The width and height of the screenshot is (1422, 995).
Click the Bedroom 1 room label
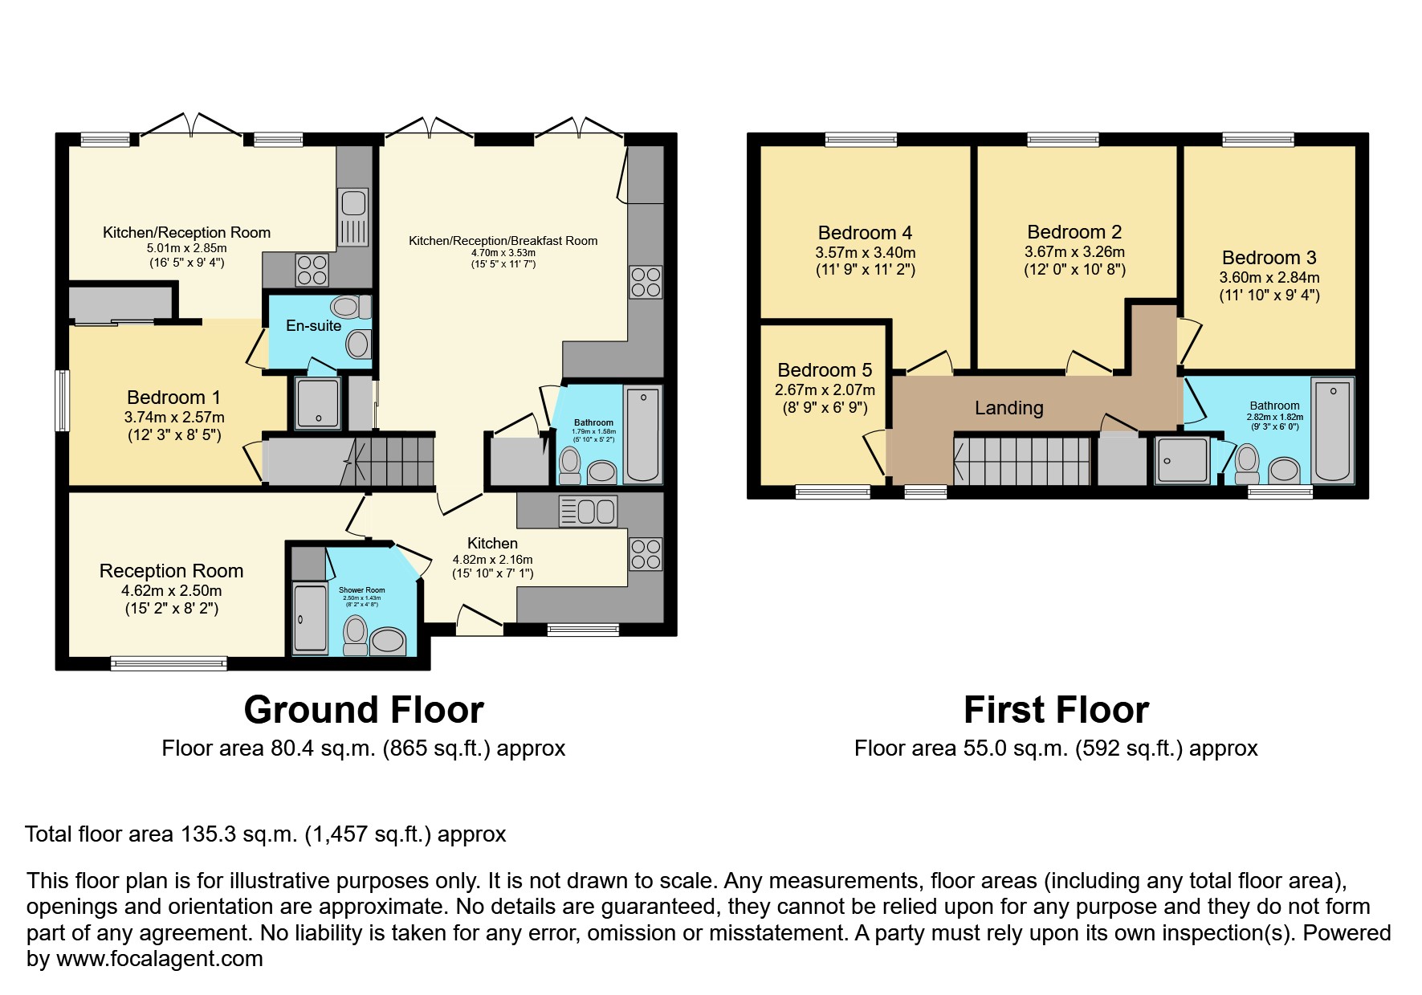tap(173, 398)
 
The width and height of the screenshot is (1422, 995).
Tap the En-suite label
tap(313, 325)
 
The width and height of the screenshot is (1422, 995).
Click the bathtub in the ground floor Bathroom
tap(642, 434)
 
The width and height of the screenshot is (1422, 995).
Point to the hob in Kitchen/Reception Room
tap(312, 270)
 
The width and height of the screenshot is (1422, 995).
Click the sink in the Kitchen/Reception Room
tap(353, 217)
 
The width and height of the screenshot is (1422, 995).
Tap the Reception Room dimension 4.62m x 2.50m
tap(171, 590)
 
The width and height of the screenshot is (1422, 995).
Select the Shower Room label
tap(361, 590)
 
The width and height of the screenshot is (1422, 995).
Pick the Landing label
tap(1008, 408)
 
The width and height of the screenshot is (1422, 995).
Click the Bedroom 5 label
tap(825, 370)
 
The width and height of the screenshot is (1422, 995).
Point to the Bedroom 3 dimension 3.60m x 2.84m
tap(1269, 278)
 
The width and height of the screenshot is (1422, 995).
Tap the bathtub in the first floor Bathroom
tap(1333, 431)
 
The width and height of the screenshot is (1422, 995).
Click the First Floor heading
tap(1055, 710)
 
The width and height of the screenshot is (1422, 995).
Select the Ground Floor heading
tap(364, 710)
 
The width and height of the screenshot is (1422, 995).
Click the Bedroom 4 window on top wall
tap(861, 140)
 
